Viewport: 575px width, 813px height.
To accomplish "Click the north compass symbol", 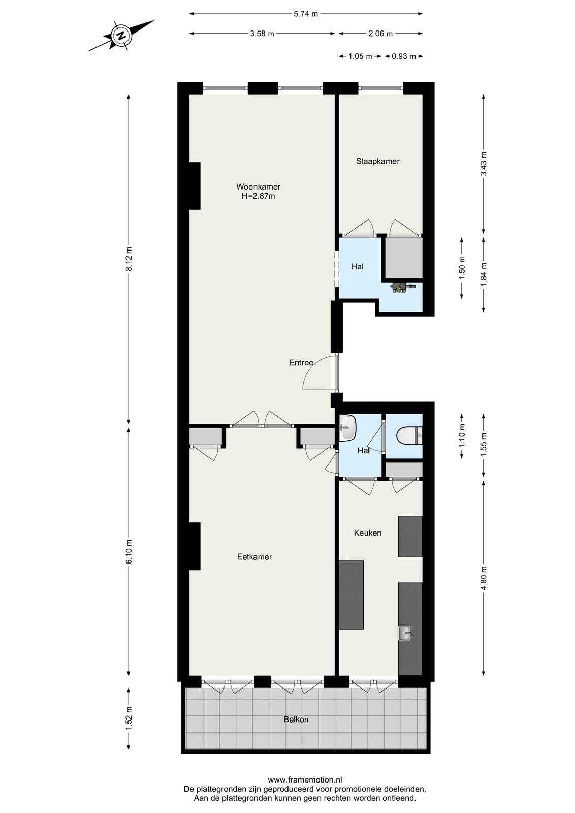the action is pyautogui.click(x=122, y=35).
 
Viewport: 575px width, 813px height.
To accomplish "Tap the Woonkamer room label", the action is pyautogui.click(x=259, y=187).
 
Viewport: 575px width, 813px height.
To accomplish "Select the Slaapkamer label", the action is pyautogui.click(x=377, y=161).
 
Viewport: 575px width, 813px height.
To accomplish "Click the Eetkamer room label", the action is pyautogui.click(x=254, y=557).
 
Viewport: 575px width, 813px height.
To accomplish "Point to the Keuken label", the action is pyautogui.click(x=368, y=533).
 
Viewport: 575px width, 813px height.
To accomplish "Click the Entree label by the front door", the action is pyautogui.click(x=301, y=362).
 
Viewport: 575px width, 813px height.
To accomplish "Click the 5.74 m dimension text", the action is pyautogui.click(x=306, y=14).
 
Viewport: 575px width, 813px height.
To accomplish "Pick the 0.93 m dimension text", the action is pyautogui.click(x=404, y=56).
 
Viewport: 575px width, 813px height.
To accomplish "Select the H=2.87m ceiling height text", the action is pyautogui.click(x=259, y=196).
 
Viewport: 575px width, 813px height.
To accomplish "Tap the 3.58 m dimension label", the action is pyautogui.click(x=262, y=34).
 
